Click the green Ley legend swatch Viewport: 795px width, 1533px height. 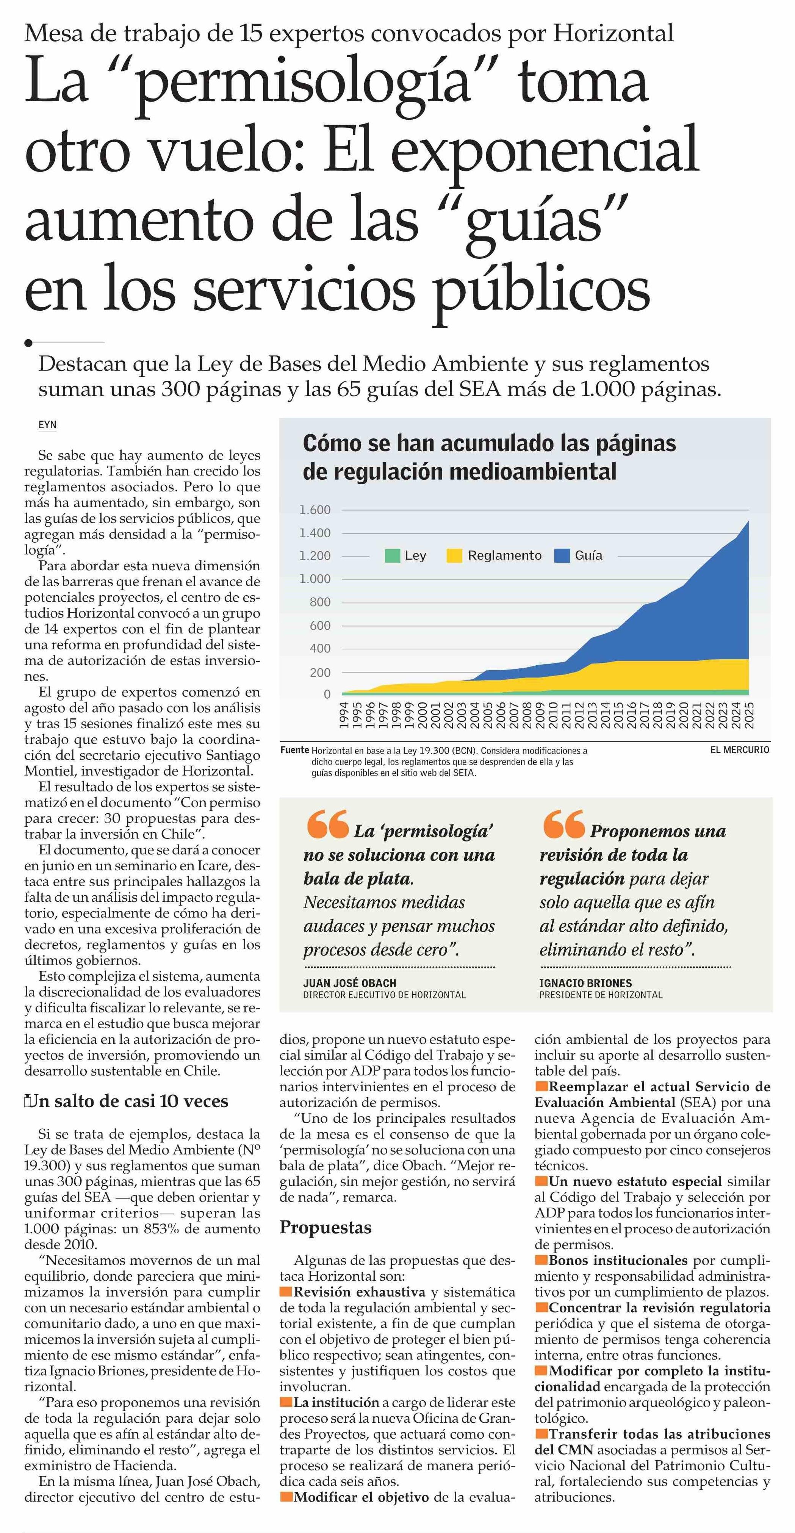pyautogui.click(x=392, y=556)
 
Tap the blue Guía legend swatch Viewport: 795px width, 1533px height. pyautogui.click(x=562, y=556)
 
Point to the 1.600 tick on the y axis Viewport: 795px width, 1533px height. pyautogui.click(x=315, y=510)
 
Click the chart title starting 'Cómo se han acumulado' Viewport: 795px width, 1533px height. pyautogui.click(x=489, y=457)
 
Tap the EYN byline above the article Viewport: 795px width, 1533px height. pyautogui.click(x=48, y=425)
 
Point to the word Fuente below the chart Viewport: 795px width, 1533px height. pyautogui.click(x=294, y=751)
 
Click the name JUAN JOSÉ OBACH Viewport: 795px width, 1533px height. pyautogui.click(x=349, y=983)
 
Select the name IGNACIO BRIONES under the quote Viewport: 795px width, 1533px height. pyautogui.click(x=585, y=983)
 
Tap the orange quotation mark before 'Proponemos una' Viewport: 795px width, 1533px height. pyautogui.click(x=563, y=825)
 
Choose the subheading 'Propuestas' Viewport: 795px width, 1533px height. pyautogui.click(x=326, y=1227)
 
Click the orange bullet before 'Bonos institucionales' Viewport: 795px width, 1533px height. pyautogui.click(x=541, y=1260)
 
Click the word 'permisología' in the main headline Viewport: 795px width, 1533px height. pyautogui.click(x=304, y=83)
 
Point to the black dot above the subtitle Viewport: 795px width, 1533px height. pyautogui.click(x=28, y=343)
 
